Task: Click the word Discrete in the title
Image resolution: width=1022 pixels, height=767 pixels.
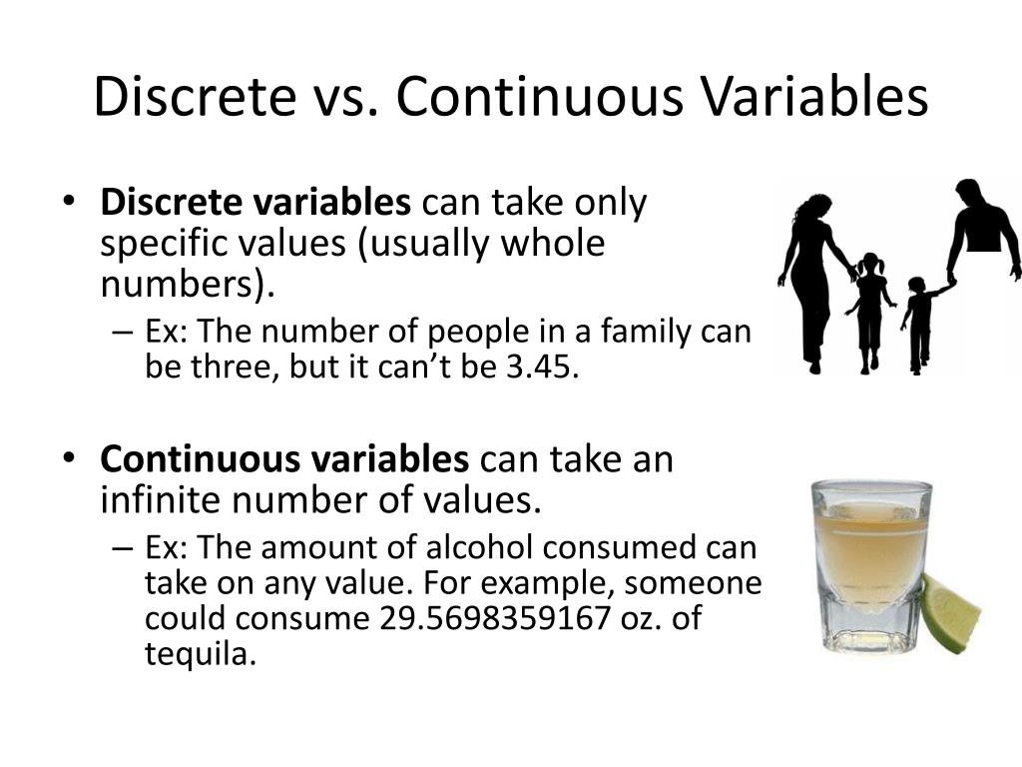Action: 189,98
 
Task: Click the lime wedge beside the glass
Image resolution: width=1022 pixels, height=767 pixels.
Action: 949,612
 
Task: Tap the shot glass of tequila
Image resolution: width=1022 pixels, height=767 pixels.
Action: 870,565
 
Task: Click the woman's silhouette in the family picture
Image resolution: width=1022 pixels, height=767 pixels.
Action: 812,280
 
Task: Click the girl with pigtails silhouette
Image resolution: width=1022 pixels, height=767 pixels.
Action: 870,310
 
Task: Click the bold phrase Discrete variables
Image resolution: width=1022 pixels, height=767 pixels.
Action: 255,203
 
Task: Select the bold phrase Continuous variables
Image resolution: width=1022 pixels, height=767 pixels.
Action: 284,459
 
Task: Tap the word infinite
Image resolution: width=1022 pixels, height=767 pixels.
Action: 163,499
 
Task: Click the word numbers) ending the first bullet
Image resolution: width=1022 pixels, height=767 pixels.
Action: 186,286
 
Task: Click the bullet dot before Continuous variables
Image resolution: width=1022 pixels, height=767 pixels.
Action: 68,458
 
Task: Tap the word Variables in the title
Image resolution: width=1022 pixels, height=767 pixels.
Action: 814,98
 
